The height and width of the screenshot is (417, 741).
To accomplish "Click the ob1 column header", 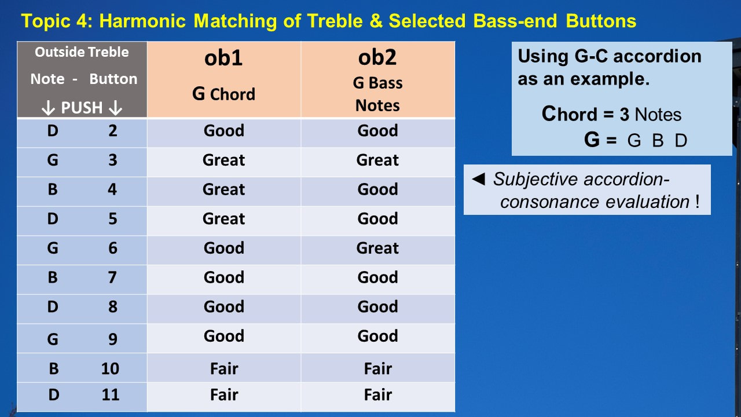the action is coord(223,58).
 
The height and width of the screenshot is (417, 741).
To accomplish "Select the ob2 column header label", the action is coord(377,57).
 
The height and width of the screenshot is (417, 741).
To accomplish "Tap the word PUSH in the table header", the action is coord(82,108).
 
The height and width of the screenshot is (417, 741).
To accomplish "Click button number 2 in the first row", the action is coord(113,130).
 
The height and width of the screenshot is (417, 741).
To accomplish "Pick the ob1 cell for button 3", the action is coord(223,160).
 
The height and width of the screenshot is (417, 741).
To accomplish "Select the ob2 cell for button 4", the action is coord(377,189).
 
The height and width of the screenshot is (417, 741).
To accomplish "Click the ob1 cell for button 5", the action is coord(223,218).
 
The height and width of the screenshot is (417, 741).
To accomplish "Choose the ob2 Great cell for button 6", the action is coord(377,248).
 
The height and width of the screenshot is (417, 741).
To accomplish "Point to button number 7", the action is coord(112,277).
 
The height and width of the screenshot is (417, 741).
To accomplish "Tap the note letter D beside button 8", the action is coord(53,306).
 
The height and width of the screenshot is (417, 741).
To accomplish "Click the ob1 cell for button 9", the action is coord(224,336).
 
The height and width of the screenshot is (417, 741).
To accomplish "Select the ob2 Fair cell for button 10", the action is coord(378,368).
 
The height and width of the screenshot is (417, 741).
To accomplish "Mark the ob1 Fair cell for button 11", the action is coord(224,394).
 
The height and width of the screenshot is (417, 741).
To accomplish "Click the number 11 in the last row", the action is coord(111,394).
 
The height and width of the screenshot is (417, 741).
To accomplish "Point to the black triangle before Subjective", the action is coord(478,179).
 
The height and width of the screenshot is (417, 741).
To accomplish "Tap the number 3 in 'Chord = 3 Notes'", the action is coord(624,115).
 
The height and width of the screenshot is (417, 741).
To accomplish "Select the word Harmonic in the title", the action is coord(142,21).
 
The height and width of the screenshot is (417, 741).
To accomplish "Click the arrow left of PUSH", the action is coord(48,108).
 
